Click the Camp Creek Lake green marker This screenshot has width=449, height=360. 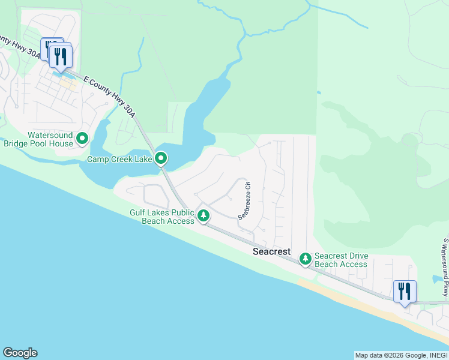coord(161,158)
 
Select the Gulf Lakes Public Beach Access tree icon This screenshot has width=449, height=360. coord(204,215)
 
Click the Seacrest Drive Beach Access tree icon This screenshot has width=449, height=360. coord(306,259)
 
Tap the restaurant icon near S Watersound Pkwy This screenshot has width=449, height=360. coord(404,292)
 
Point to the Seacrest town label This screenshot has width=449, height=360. coord(271,251)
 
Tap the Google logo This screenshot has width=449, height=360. coord(20,353)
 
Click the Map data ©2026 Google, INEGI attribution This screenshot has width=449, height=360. coord(400,355)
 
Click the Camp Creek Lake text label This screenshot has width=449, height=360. coord(120,159)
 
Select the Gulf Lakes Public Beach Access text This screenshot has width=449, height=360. coord(162,217)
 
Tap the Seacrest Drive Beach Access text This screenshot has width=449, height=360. coord(341,260)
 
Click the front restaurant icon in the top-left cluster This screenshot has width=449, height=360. coord(61,56)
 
